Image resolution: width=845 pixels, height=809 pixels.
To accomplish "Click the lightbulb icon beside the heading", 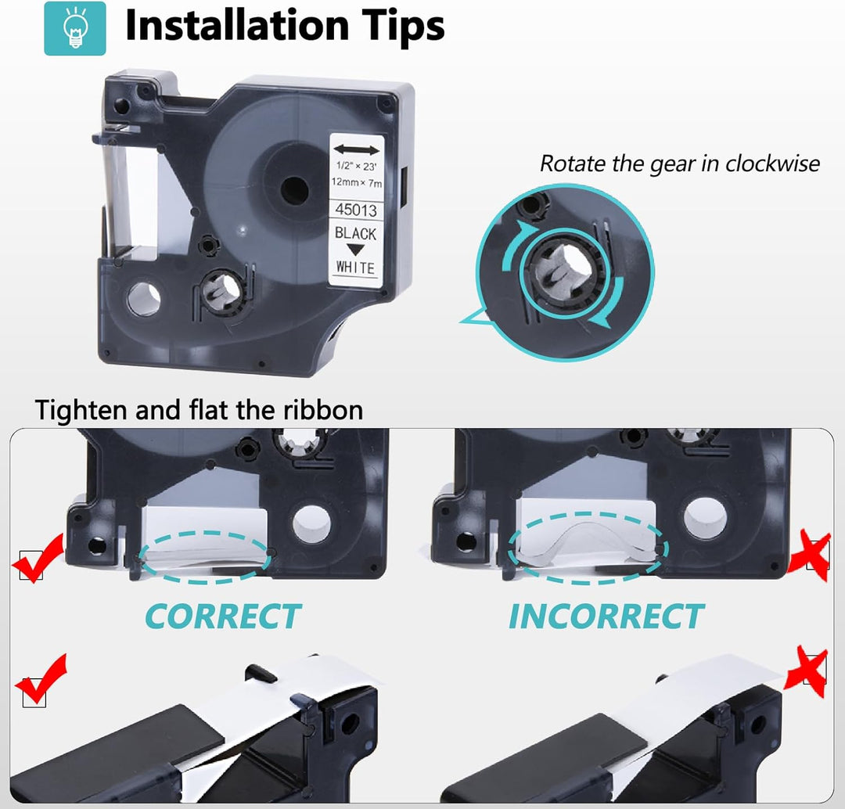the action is click(75, 29).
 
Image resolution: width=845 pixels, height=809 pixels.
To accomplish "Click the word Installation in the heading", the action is click(237, 25).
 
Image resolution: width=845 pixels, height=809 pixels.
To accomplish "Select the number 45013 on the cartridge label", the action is click(356, 210).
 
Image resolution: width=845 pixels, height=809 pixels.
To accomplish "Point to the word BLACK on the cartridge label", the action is click(356, 233).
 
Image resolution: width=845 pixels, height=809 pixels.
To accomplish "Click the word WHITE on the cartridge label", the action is click(355, 268).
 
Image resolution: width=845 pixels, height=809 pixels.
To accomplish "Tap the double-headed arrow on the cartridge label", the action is click(356, 149).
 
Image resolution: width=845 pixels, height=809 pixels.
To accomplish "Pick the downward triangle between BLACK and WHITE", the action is click(355, 250).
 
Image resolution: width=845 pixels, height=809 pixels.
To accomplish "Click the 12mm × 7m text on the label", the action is click(357, 183).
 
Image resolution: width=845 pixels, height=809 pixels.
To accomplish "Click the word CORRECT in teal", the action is click(223, 616).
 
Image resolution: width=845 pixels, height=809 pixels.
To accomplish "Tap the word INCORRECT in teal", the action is click(606, 616).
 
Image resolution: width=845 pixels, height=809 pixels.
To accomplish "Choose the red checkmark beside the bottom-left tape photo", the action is click(41, 679).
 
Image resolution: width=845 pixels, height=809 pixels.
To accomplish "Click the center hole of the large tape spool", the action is click(294, 190).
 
